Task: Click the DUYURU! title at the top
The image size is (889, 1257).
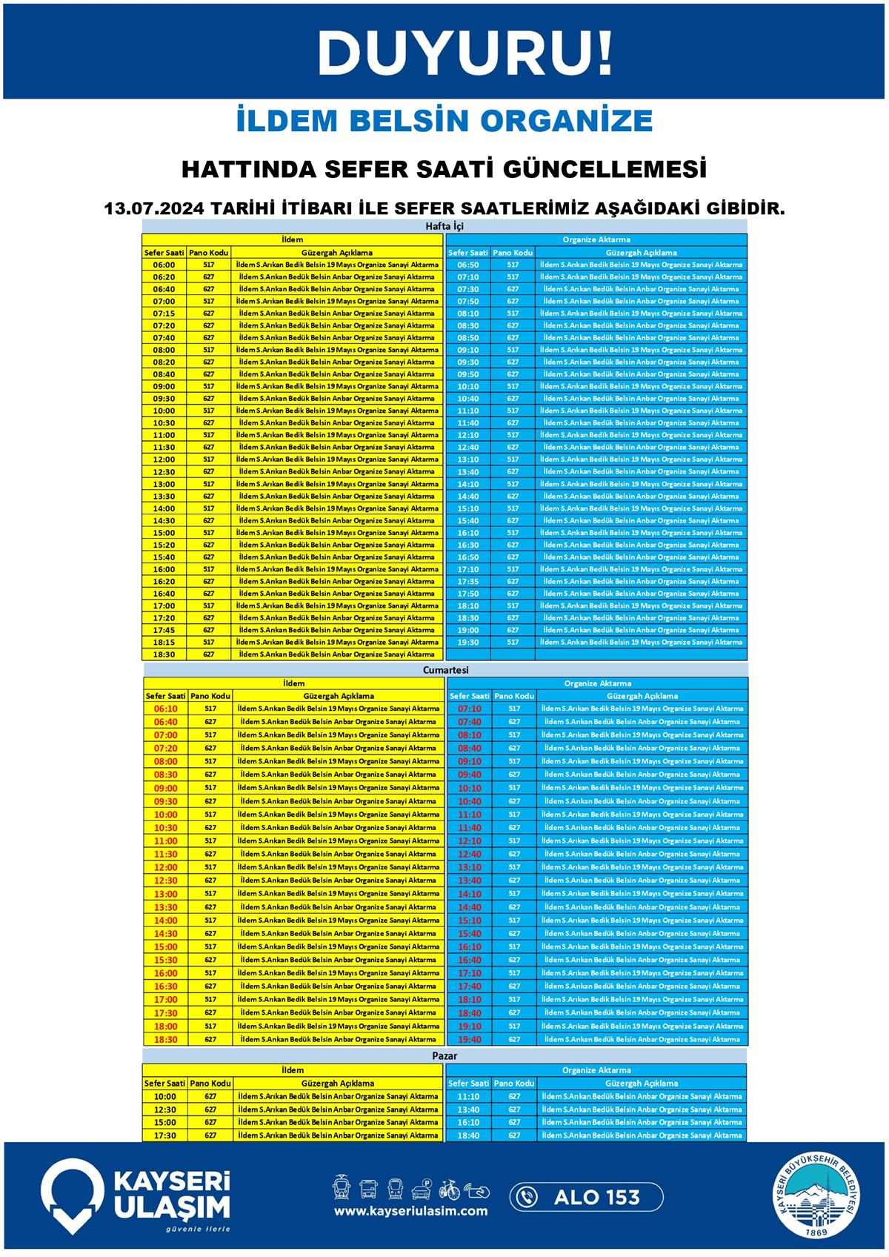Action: pos(465,53)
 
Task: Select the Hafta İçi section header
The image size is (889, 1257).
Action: pos(444,226)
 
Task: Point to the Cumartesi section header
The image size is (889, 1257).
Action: pos(445,670)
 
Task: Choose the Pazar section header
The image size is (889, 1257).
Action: pos(444,1055)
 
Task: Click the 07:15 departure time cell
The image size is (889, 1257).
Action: pos(164,314)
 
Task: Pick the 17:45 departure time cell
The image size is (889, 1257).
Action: pos(164,630)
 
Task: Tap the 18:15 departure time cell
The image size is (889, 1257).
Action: pos(164,643)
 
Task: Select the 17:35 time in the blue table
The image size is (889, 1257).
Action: pos(467,582)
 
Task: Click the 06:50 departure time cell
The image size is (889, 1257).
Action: pos(467,265)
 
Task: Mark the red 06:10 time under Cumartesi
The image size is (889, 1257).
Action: pos(165,709)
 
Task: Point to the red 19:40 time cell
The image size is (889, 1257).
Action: pos(470,1040)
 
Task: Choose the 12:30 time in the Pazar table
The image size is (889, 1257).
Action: pos(164,1110)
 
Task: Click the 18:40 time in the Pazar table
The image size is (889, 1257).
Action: pos(468,1135)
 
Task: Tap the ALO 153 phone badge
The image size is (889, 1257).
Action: pos(586,1197)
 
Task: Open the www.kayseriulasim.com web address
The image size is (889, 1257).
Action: pos(410,1211)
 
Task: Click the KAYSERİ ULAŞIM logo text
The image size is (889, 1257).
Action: pos(171,1195)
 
